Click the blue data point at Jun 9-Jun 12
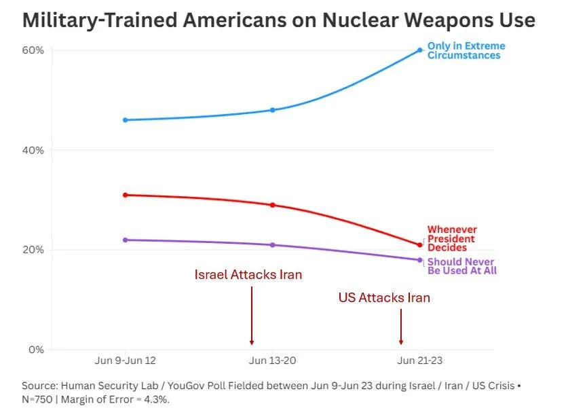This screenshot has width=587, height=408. pyautogui.click(x=126, y=120)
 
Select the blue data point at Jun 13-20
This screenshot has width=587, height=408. pyautogui.click(x=273, y=110)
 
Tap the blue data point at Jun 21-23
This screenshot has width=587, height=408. pyautogui.click(x=420, y=50)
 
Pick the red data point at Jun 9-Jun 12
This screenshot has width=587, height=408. pyautogui.click(x=126, y=195)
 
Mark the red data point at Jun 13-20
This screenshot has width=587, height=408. pyautogui.click(x=273, y=205)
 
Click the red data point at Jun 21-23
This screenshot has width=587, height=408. pyautogui.click(x=420, y=245)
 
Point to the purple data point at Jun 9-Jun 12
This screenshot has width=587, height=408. pyautogui.click(x=126, y=240)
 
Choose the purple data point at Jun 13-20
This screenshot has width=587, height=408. pyautogui.click(x=273, y=245)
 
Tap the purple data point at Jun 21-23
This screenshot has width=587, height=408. pyautogui.click(x=420, y=260)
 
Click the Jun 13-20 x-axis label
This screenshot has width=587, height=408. pyautogui.click(x=271, y=360)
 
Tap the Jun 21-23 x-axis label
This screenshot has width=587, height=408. pyautogui.click(x=420, y=360)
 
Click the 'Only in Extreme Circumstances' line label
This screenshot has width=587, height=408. pyautogui.click(x=466, y=51)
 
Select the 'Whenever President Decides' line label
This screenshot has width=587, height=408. pyautogui.click(x=451, y=239)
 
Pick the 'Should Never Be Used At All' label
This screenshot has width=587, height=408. pyautogui.click(x=461, y=266)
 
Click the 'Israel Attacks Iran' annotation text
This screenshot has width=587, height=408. pyautogui.click(x=248, y=275)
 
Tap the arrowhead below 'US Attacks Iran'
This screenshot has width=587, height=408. pyautogui.click(x=401, y=341)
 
